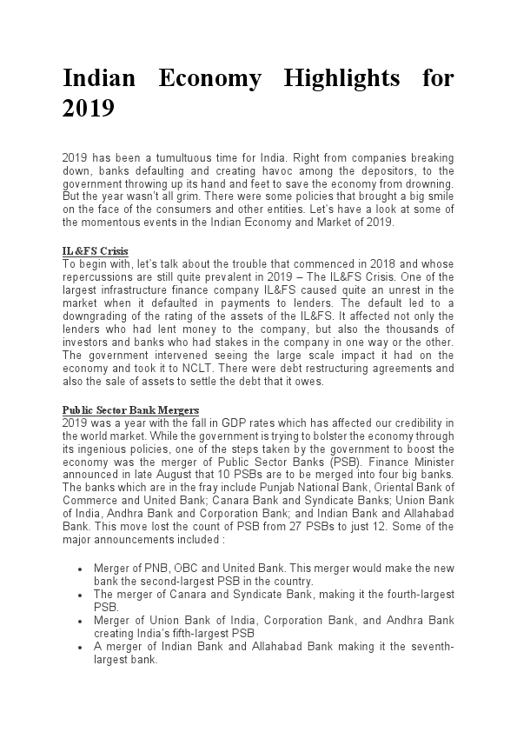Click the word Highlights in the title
pos(342,79)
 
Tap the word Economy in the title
pos(210,79)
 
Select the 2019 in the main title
pos(89,109)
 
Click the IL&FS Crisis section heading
pos(96,252)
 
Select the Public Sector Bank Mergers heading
pos(130,410)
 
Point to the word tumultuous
pos(172,157)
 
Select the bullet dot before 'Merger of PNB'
pos(80,569)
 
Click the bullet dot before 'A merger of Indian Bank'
pos(80,648)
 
